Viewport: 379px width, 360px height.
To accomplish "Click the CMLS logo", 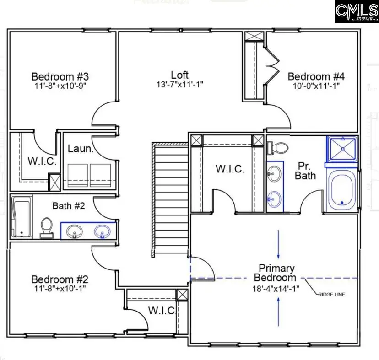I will pyautogui.click(x=356, y=12).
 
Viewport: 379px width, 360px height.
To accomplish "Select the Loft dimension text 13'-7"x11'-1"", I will pyautogui.click(x=179, y=85).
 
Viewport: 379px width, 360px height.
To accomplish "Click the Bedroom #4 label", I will pyautogui.click(x=315, y=76).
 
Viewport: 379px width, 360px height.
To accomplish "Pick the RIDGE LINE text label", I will pyautogui.click(x=332, y=295).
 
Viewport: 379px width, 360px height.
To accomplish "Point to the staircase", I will pyautogui.click(x=170, y=199).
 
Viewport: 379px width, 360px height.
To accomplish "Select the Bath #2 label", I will pyautogui.click(x=69, y=206).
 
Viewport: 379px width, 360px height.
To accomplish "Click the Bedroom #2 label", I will pyautogui.click(x=60, y=279).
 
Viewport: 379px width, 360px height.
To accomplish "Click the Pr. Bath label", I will pyautogui.click(x=305, y=170).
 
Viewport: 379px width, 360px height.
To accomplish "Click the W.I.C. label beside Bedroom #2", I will pyautogui.click(x=161, y=311).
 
